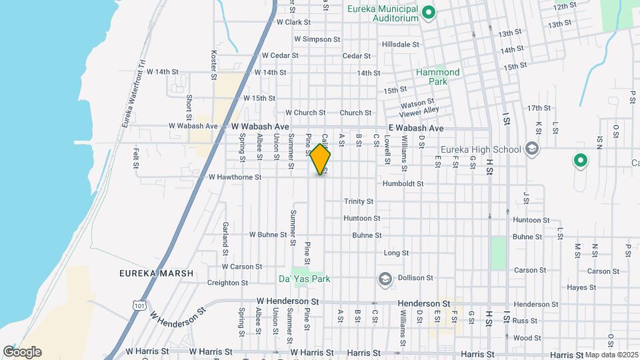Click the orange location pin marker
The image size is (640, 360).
click(x=321, y=159)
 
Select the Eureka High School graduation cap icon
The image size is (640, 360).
click(x=531, y=149)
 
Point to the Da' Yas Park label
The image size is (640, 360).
click(x=304, y=279)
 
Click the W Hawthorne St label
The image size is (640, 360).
click(x=234, y=177)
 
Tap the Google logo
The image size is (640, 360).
click(x=22, y=352)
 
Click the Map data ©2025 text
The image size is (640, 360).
click(x=611, y=355)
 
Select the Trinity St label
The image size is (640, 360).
click(x=359, y=201)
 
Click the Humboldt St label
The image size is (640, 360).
click(x=400, y=183)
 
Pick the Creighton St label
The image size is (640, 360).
click(x=227, y=283)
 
